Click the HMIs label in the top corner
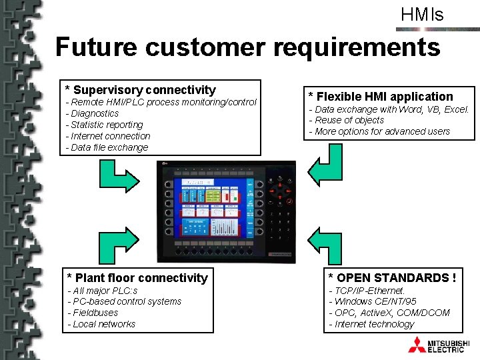[422, 15]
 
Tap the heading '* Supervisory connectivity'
[141, 89]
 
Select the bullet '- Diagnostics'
[92, 113]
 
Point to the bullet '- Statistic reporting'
[104, 125]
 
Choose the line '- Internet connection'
[108, 136]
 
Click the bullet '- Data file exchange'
[107, 147]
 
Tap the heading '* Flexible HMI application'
[380, 97]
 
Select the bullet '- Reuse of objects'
[346, 120]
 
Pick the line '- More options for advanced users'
[379, 131]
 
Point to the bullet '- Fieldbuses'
[93, 313]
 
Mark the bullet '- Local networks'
[101, 324]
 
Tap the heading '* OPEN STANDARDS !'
[392, 277]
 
